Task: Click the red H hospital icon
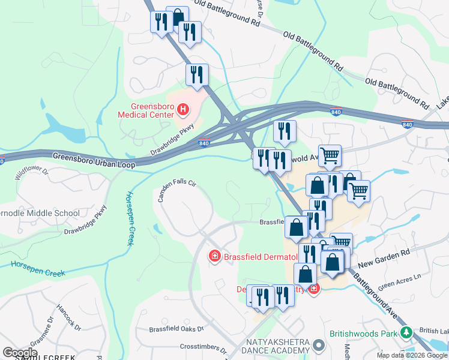pos(184,110)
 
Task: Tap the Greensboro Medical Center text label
pos(146,110)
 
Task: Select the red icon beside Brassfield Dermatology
pos(214,257)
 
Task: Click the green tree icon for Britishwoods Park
pos(406,332)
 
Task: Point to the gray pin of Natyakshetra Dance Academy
pos(319,346)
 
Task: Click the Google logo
pos(20,353)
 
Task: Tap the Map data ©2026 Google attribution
pos(412,355)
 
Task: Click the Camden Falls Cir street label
pos(177,190)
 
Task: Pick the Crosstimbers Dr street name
pos(202,347)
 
